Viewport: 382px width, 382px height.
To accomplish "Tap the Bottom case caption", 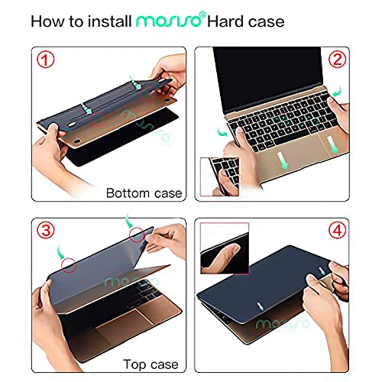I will tap(144, 193).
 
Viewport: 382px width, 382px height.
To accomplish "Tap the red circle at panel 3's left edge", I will tap(69, 268).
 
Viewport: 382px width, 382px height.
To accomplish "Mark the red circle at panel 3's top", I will tap(138, 235).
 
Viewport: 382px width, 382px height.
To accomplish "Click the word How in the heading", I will tap(48, 21).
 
